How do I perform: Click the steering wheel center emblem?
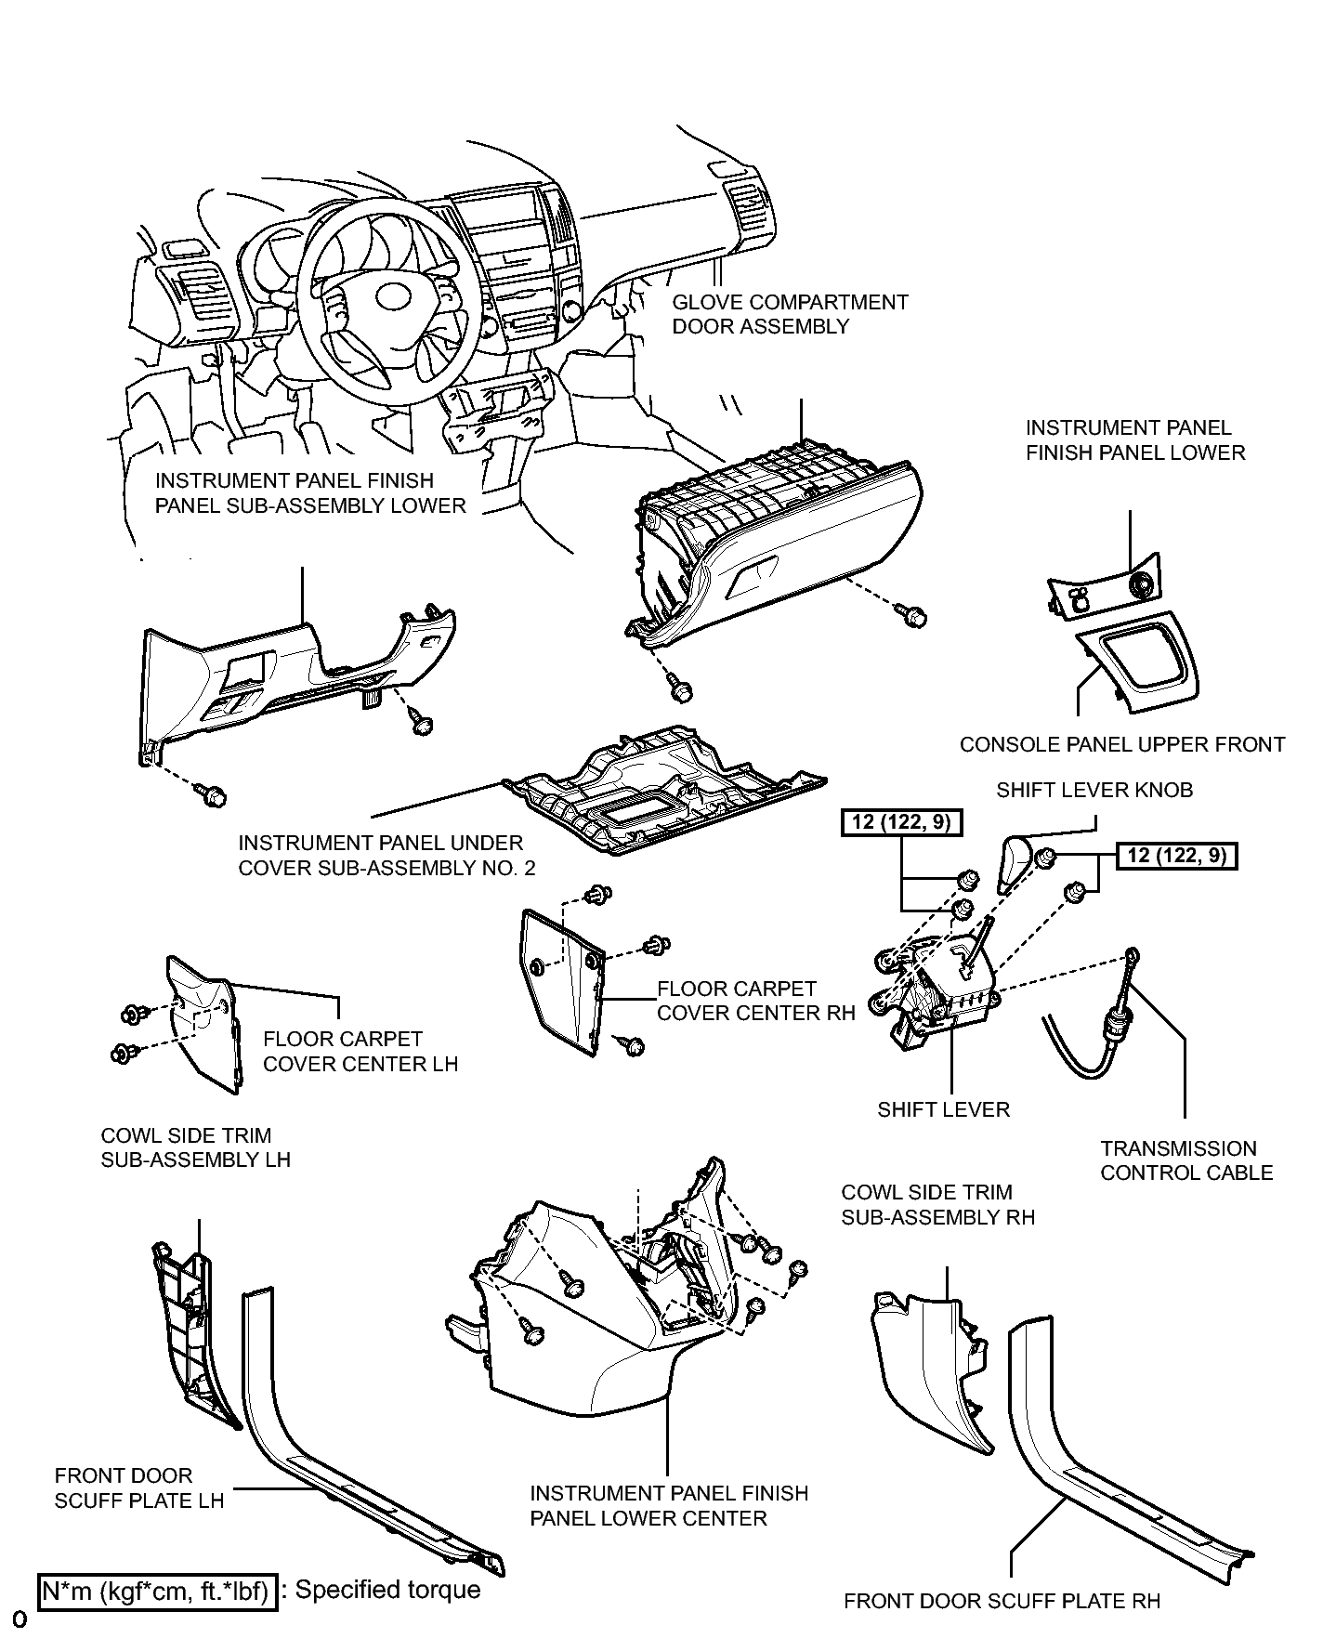coord(393,296)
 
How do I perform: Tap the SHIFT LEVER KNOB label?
coord(1094,791)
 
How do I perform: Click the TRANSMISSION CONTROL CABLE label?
coord(1186,1160)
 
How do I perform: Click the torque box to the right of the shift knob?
coord(1177,855)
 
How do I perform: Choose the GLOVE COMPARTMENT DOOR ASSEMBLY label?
coord(790,314)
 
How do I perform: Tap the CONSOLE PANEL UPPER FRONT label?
coord(1122,744)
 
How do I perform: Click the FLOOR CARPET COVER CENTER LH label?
coord(360,1051)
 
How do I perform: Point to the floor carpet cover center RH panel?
coord(559,982)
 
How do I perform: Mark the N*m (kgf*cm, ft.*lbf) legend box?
coord(157,1590)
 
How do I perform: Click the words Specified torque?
coord(387,1590)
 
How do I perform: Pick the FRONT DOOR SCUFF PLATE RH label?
coord(1002,1601)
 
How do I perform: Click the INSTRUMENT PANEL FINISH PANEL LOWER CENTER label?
coord(669,1505)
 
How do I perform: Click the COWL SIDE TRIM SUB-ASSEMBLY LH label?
coord(195,1147)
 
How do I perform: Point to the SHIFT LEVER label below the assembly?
coord(943,1109)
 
